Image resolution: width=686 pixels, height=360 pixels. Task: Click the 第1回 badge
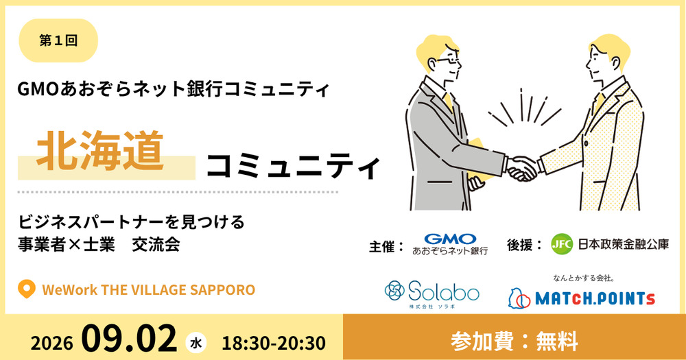58,40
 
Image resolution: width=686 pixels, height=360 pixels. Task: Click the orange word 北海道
100,150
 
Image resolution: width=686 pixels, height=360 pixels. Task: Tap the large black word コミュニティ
293,166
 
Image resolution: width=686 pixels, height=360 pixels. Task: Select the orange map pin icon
26,289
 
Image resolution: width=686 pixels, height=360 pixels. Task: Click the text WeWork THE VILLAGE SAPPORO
148,289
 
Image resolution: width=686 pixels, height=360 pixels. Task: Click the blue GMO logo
450,239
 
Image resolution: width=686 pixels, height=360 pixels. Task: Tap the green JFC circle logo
562,244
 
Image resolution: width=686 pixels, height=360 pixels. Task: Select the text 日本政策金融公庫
624,244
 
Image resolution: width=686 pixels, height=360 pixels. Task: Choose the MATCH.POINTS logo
582,298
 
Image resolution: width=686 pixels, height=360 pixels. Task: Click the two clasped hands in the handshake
523,169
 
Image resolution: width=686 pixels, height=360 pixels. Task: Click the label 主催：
386,247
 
